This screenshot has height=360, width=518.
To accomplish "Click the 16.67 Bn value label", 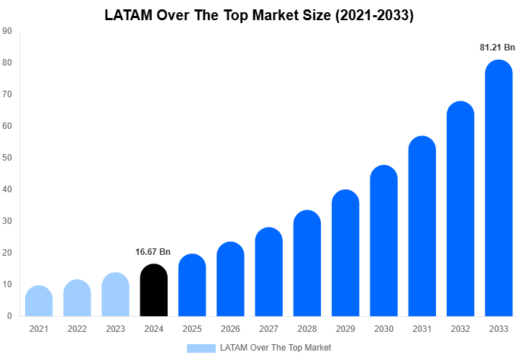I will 153,252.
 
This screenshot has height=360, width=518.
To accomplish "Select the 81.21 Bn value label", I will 498,48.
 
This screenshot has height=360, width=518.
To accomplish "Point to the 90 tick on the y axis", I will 6,31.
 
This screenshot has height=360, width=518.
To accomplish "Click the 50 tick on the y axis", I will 6,158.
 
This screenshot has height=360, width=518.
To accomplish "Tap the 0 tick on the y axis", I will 9,316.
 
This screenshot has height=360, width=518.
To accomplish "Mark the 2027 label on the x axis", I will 268,329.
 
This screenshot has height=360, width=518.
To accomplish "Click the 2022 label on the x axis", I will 77,329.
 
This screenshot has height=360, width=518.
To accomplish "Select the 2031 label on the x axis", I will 422,329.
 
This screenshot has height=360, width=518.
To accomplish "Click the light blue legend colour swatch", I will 201,348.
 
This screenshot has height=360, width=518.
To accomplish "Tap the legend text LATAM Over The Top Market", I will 276,348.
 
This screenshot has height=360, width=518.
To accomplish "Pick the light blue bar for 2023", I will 115,294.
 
